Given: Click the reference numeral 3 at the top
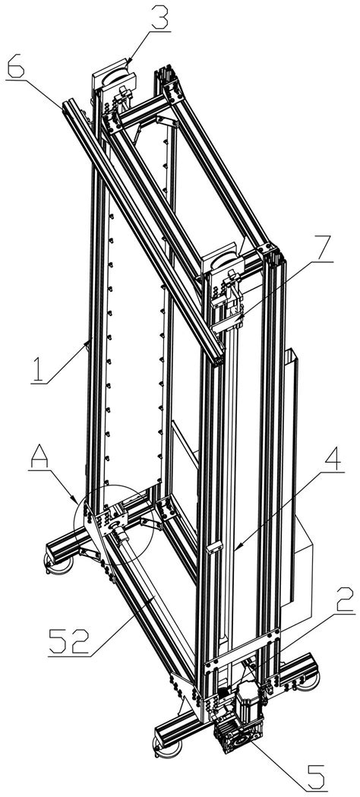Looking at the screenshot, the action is [x=158, y=17].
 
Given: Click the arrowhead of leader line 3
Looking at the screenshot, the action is [x=128, y=65].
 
